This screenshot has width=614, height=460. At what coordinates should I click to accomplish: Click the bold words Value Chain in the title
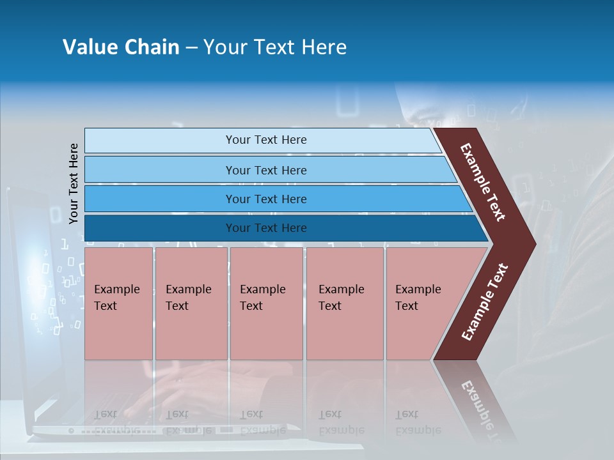point(121,47)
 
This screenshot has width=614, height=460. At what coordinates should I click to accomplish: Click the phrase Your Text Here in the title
point(275,47)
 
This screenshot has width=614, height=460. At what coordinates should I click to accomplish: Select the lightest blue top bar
point(160,140)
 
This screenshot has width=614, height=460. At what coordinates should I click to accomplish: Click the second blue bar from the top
point(160,170)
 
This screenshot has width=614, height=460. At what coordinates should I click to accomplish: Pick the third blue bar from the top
point(160,199)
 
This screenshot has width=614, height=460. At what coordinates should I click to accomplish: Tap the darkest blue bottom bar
point(160,228)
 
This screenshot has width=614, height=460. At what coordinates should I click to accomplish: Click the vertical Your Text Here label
point(74,183)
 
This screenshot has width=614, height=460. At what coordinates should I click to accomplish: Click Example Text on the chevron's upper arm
point(483,182)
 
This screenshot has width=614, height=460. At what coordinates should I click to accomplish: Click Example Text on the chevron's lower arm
point(485,302)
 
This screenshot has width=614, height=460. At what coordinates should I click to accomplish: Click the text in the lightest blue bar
point(266,140)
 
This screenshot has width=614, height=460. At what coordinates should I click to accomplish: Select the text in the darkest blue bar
point(266,228)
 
